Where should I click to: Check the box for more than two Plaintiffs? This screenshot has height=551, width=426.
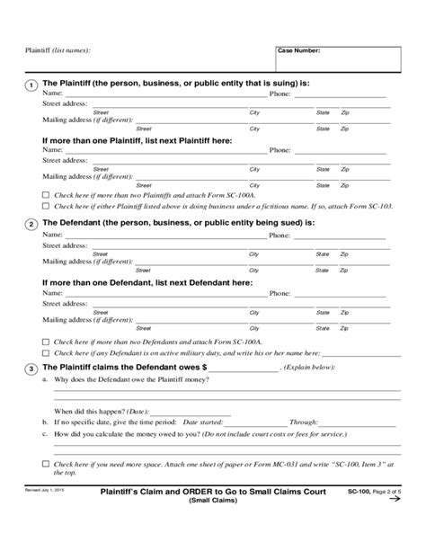tap(46, 194)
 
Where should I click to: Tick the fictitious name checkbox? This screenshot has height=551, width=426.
tap(46, 206)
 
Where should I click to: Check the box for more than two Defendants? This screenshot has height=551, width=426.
tap(46, 342)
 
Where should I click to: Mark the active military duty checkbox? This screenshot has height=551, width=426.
tap(46, 353)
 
